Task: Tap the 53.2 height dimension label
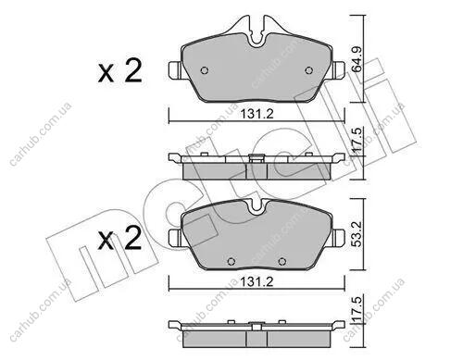pyautogui.click(x=357, y=233)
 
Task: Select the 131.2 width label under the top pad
pyautogui.click(x=257, y=115)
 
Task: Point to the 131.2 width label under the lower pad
pyautogui.click(x=257, y=281)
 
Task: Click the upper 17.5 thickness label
pyautogui.click(x=357, y=140)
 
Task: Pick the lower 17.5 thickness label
pyautogui.click(x=357, y=308)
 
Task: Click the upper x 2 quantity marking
pyautogui.click(x=120, y=71)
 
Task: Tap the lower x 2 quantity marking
pyautogui.click(x=120, y=239)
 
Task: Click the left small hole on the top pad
pyautogui.click(x=205, y=70)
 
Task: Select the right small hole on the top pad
pyautogui.click(x=308, y=70)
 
